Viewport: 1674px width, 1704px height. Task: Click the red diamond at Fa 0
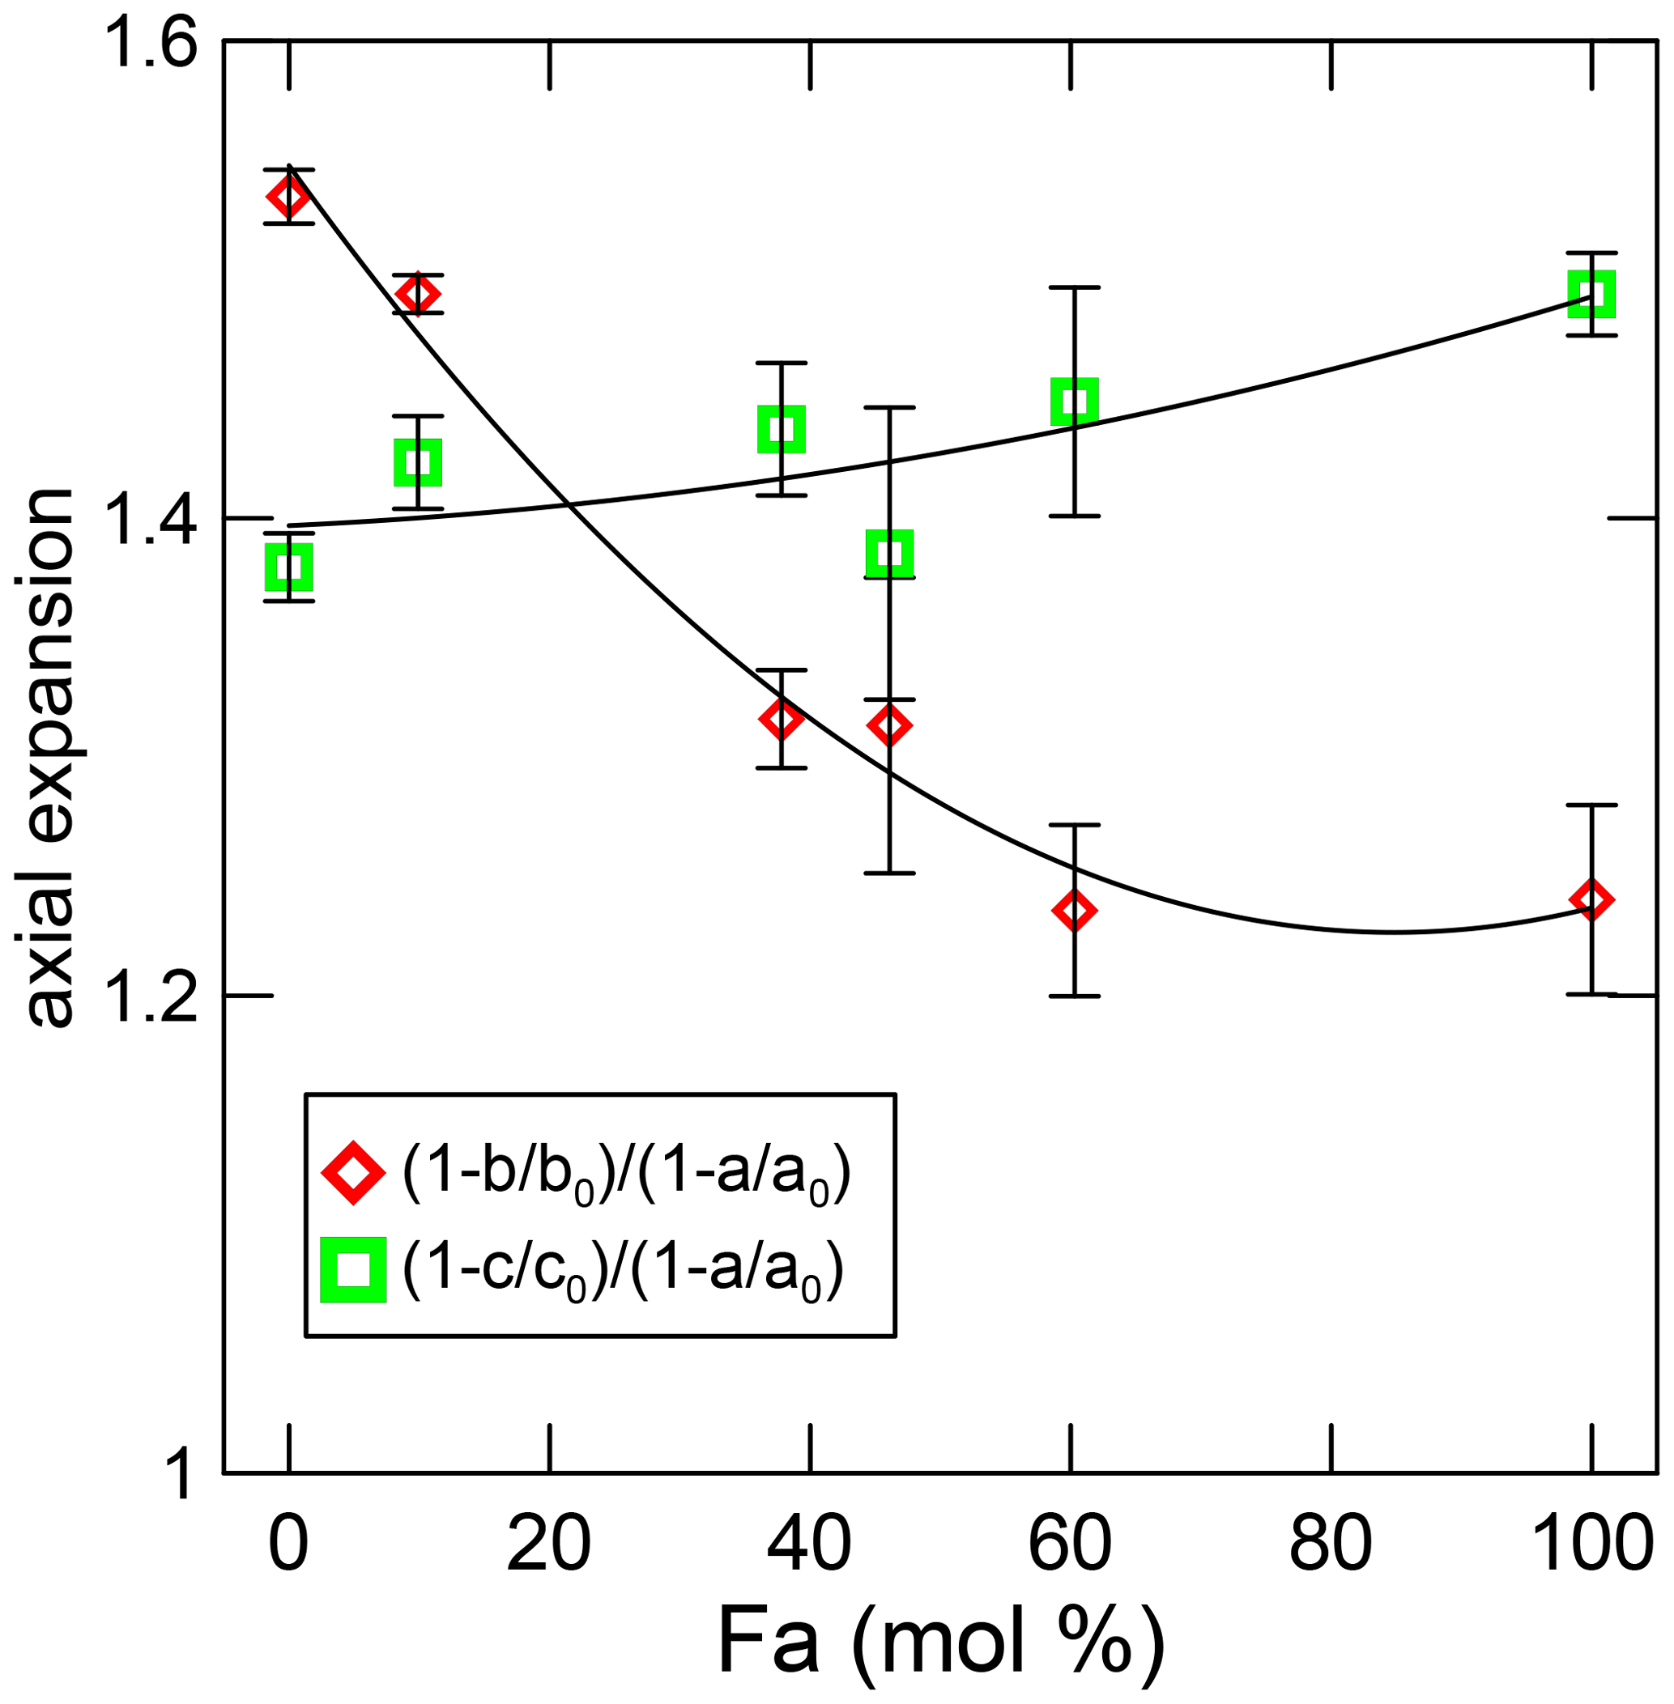(289, 196)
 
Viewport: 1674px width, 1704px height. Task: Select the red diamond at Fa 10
(418, 294)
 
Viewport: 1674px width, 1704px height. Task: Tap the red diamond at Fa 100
(1591, 899)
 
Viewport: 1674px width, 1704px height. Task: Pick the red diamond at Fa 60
(1075, 910)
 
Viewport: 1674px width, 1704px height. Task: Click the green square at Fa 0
(289, 567)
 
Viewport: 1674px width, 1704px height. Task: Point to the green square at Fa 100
(1591, 294)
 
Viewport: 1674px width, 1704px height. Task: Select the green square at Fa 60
(1075, 402)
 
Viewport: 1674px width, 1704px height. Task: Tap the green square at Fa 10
(418, 462)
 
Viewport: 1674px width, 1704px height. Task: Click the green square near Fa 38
(781, 429)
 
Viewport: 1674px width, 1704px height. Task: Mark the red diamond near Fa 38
(781, 719)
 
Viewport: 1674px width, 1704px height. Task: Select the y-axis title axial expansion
(49, 756)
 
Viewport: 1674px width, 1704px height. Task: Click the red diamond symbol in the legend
(353, 1172)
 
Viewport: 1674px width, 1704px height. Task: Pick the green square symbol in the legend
(353, 1269)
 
